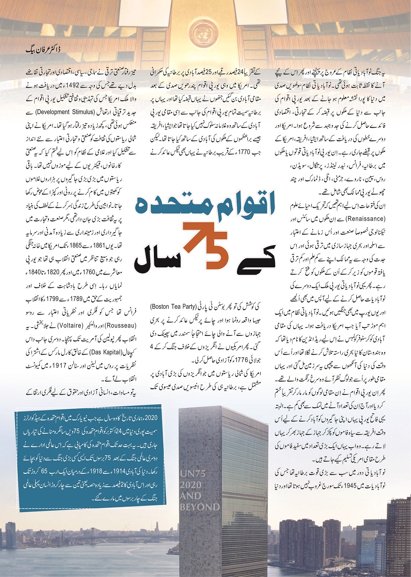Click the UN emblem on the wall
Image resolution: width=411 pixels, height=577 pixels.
[204, 35]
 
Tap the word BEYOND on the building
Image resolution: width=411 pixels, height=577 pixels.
[200, 507]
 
